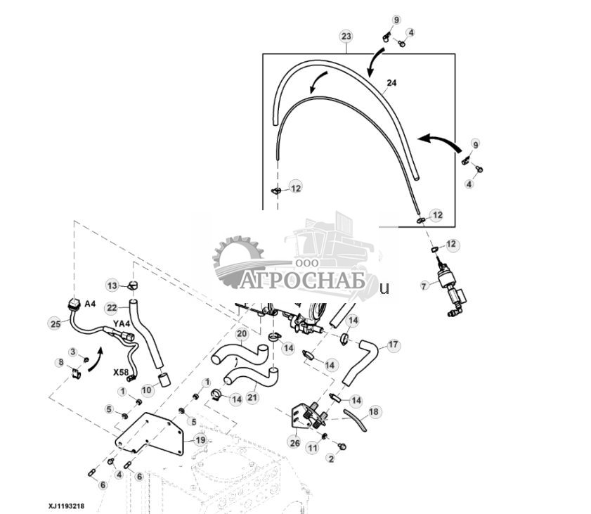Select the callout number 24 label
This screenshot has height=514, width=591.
391,83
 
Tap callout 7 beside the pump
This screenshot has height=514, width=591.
423,285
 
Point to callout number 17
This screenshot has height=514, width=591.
392,345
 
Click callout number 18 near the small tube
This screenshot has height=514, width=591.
374,411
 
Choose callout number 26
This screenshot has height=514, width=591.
294,442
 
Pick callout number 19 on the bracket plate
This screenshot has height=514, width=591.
200,441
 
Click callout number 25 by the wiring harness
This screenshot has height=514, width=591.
55,323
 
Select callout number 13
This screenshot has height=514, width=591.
112,285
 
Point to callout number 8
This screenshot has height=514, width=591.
60,363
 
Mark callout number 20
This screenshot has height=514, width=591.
242,333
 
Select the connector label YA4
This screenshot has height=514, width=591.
122,323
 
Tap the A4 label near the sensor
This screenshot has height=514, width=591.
90,304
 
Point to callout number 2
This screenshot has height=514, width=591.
330,458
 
